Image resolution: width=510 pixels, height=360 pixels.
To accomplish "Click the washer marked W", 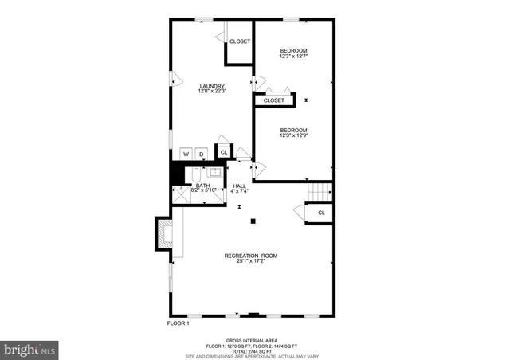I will pyautogui.click(x=186, y=154).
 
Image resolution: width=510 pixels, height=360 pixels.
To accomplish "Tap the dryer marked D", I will pyautogui.click(x=202, y=154).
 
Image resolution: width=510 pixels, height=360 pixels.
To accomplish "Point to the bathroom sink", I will pyautogui.click(x=214, y=171).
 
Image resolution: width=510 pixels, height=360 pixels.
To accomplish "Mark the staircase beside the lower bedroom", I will pyautogui.click(x=320, y=192).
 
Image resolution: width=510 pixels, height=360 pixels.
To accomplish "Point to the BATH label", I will pyautogui.click(x=203, y=186).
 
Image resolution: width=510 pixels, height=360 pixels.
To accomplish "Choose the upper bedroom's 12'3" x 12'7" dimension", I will pyautogui.click(x=293, y=57).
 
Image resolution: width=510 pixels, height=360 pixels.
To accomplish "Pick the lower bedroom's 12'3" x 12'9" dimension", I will pyautogui.click(x=293, y=136).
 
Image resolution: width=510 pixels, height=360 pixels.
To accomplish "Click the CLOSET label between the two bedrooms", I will pyautogui.click(x=273, y=100).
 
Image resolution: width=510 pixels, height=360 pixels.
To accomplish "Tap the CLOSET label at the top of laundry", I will pyautogui.click(x=240, y=41).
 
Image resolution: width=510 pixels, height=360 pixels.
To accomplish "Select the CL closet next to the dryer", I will pyautogui.click(x=224, y=152).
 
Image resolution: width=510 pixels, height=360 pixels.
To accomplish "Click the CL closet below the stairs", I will pyautogui.click(x=321, y=213).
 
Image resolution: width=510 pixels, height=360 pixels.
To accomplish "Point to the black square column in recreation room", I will pyautogui.click(x=253, y=221).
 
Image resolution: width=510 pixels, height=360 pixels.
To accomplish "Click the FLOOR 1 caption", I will pyautogui.click(x=178, y=323).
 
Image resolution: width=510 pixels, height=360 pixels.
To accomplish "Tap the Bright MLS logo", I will pyautogui.click(x=30, y=349).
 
